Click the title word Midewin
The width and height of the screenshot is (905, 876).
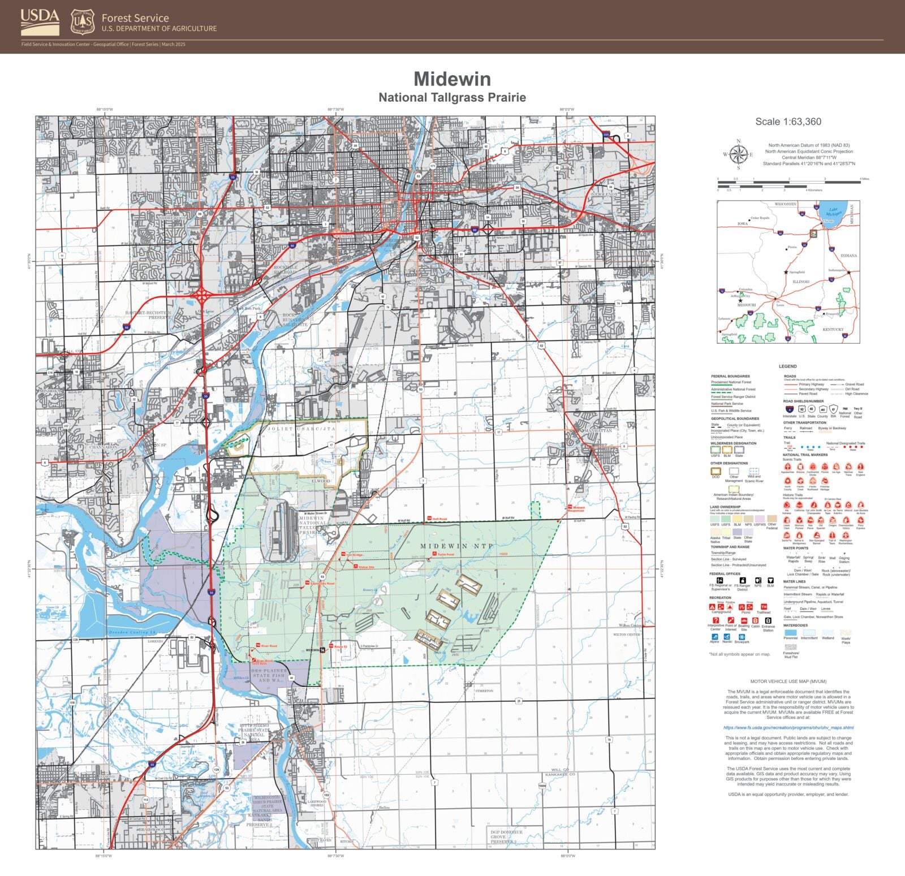click(x=452, y=79)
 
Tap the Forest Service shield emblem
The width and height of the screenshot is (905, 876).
click(x=83, y=22)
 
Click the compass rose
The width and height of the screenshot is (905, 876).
click(x=738, y=154)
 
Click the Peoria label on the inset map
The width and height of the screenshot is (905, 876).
click(x=792, y=247)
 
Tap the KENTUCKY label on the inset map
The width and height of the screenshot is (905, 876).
click(x=833, y=329)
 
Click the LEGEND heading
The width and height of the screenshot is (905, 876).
click(x=787, y=366)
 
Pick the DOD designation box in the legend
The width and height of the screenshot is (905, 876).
click(x=716, y=471)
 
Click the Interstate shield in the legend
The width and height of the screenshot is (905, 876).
click(x=789, y=409)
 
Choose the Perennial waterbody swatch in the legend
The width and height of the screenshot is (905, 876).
click(x=790, y=633)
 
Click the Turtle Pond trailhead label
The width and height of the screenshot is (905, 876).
click(x=446, y=555)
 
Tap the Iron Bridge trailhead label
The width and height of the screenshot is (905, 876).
click(x=354, y=555)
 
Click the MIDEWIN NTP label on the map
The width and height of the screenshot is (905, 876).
click(x=456, y=546)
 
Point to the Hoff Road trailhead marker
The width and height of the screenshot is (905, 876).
click(x=429, y=518)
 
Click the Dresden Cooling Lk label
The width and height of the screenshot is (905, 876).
click(x=132, y=632)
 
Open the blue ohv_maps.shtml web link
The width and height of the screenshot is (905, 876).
click(x=788, y=728)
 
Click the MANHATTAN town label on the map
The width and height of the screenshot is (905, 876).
click(x=598, y=431)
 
